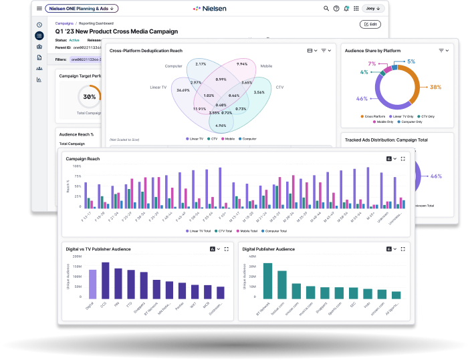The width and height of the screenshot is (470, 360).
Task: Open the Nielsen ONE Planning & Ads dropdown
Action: point(82,9)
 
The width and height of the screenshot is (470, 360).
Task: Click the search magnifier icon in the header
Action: point(326,9)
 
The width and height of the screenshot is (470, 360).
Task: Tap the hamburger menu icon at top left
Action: point(39,9)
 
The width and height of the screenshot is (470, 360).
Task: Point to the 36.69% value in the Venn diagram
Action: point(183,90)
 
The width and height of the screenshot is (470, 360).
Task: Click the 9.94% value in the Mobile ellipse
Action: point(242,64)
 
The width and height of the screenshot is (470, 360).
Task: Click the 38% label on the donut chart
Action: point(436,87)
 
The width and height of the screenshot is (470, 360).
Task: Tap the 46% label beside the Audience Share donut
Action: point(362,99)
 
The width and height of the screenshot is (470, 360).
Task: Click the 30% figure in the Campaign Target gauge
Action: point(89,97)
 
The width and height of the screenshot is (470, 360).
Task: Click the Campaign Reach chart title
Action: point(83,159)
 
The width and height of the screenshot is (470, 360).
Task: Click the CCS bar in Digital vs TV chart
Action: point(105,281)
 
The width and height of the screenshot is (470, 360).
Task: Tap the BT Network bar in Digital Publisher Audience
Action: point(267,281)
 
